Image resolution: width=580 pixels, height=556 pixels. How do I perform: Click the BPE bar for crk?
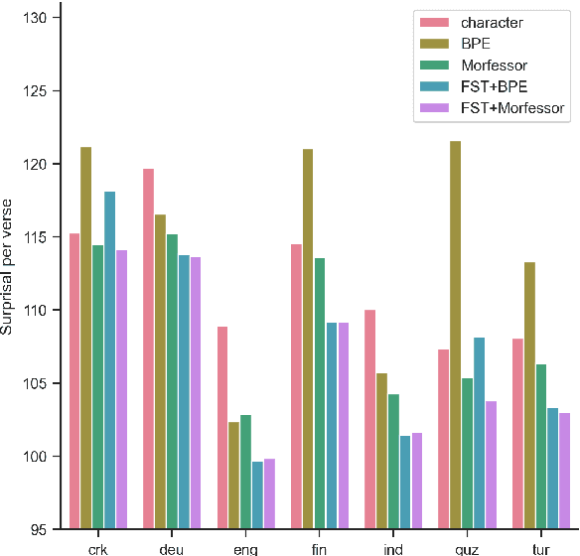(86, 338)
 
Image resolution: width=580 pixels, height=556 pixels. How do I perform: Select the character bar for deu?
(148, 348)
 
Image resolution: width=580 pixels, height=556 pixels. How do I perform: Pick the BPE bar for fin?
(308, 339)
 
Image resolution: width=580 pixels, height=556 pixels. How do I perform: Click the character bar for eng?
(222, 427)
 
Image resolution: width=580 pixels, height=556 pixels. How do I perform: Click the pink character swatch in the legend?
(435, 23)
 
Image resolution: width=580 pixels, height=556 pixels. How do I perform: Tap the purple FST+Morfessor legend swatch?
(435, 108)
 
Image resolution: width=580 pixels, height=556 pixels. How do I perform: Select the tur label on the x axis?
(541, 548)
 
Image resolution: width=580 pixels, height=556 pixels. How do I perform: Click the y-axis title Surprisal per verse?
(9, 273)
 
